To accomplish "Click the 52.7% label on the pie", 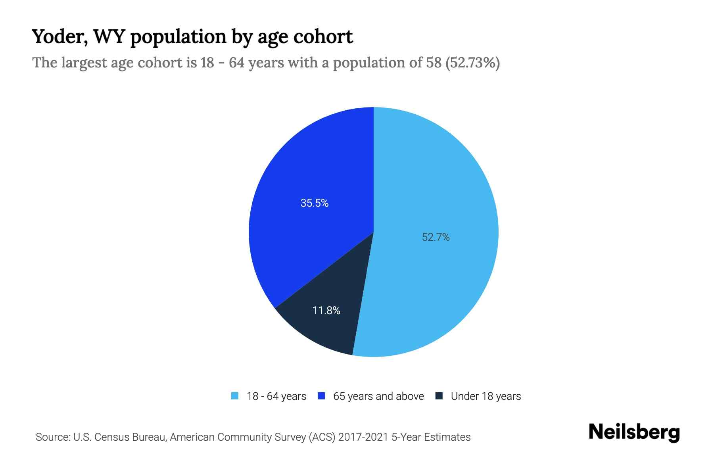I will tap(436, 237).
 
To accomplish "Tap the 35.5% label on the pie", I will tap(314, 203).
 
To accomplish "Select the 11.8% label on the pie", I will tap(326, 311).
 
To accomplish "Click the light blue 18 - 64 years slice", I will tap(436, 178).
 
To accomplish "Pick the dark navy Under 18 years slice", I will tap(321, 329).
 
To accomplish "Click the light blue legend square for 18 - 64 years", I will tap(235, 396).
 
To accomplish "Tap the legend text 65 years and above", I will tap(378, 396).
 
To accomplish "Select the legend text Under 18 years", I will tap(486, 396).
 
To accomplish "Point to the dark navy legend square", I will tap(439, 396).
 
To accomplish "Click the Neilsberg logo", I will tap(634, 433).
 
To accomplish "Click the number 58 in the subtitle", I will tap(434, 63).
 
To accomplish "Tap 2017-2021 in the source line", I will tap(363, 437).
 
